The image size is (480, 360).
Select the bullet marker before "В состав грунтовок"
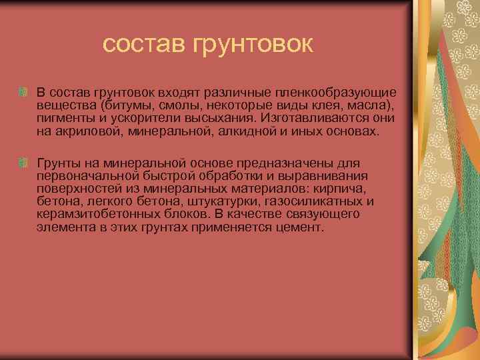click(23, 90)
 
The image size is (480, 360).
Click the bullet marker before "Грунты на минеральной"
click(23, 162)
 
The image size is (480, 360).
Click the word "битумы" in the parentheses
click(129, 105)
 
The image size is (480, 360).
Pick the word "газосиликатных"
click(322, 201)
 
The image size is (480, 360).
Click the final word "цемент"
click(302, 227)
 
